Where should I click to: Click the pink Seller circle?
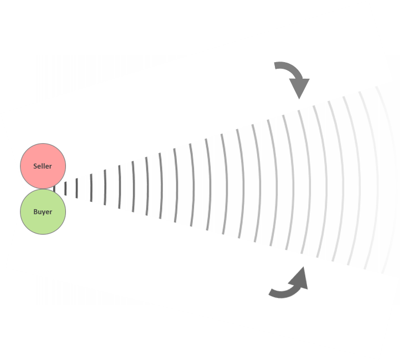click(x=43, y=166)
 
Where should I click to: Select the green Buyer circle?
click(x=43, y=212)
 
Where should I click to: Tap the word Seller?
click(x=43, y=166)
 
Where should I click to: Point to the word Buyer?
click(x=43, y=212)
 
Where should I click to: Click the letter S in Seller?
click(x=35, y=166)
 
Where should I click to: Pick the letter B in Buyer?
click(x=35, y=212)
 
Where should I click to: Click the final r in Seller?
click(x=51, y=166)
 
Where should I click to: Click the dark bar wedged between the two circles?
click(x=54, y=189)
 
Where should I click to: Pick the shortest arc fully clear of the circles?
click(x=65, y=189)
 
